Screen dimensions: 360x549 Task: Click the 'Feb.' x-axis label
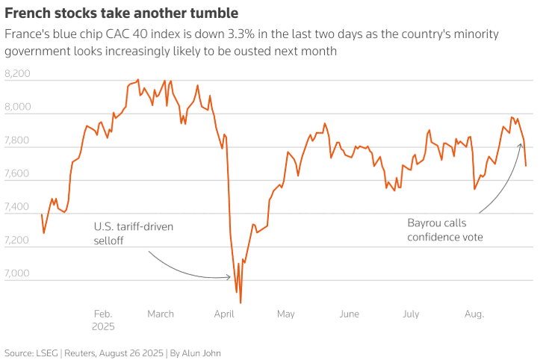pos(102,314)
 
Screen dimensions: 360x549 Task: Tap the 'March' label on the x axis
pos(160,314)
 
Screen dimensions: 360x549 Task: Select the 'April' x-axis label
pos(224,314)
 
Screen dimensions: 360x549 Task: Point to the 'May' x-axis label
pos(285,314)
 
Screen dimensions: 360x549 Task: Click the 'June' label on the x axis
pos(349,314)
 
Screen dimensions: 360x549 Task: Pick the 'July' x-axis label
pos(411,314)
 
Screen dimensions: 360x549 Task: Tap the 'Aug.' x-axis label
pos(474,314)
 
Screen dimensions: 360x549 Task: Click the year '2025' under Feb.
pos(104,327)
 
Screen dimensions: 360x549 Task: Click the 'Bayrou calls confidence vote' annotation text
pos(445,230)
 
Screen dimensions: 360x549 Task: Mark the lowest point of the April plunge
pos(241,302)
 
